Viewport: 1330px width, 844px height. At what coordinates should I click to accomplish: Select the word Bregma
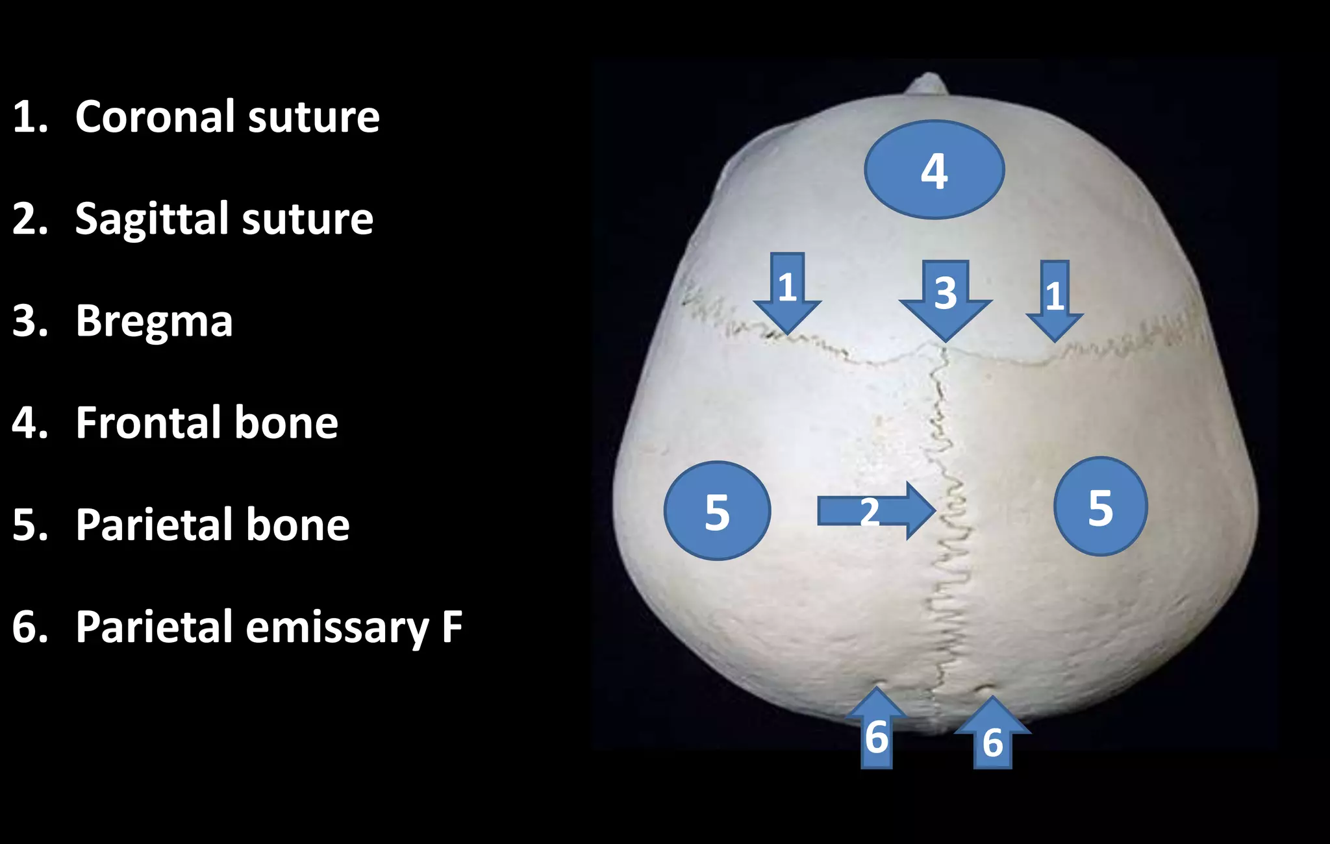point(154,321)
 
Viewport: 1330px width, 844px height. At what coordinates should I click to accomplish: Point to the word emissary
point(337,628)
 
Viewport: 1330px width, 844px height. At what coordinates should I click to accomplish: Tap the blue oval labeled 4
point(934,170)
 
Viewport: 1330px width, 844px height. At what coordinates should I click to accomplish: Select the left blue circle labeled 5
point(717,511)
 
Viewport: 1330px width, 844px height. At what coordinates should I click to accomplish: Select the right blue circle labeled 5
point(1100,506)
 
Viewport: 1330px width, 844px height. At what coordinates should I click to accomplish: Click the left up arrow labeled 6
point(877,730)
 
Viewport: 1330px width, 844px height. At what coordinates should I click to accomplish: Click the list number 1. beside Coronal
point(30,118)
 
